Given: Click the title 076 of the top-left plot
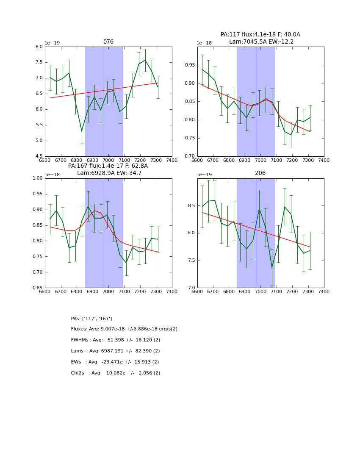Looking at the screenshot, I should coord(108,42).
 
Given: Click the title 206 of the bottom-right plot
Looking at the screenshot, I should coord(260,173).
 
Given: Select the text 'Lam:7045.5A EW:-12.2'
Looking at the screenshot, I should coord(261,42).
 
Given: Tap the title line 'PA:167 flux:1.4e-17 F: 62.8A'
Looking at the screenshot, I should coord(108,166).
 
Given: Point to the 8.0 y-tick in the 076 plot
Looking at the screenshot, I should coord(39,47).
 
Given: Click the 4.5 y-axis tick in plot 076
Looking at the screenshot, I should coord(39,156).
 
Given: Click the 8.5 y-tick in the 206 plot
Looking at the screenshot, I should coord(191,206).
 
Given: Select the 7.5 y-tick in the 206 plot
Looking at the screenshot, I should coord(191,261).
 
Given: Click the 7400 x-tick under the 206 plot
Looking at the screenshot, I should coord(324,291).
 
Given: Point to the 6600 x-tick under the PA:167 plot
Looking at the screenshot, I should coord(45,291).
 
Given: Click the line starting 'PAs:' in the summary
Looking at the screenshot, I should coord(91,319).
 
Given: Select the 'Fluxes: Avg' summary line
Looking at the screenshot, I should coord(124,329).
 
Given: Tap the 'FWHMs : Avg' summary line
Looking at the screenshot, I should coord(116,340).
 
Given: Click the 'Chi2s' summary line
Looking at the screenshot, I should coord(116,373).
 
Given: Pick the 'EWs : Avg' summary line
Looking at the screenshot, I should coord(115,362).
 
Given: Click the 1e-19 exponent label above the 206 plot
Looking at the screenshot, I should coord(205,175).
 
